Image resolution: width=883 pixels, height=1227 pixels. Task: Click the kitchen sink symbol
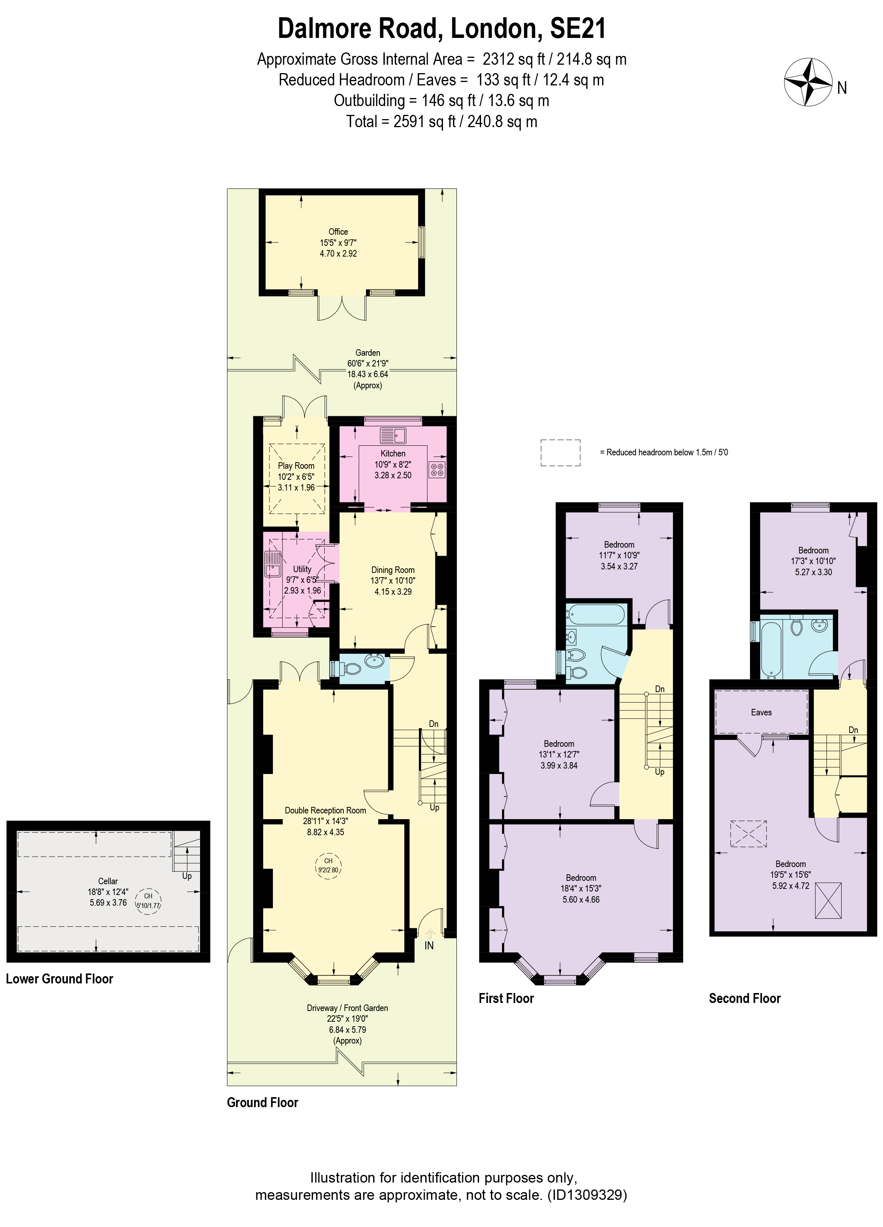393,435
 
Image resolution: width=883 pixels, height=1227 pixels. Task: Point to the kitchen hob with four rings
437,470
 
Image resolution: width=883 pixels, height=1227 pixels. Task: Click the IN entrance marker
429,945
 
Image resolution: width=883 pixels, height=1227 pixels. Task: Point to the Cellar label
108,881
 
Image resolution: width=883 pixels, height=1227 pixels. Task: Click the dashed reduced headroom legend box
560,453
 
